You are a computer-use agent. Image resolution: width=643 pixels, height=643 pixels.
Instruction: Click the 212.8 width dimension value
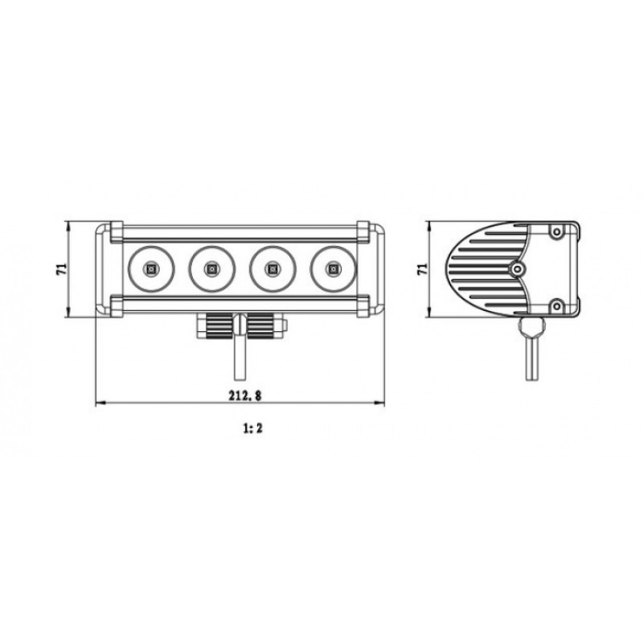pos(245,395)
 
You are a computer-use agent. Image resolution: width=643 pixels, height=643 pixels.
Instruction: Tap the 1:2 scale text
pos(252,428)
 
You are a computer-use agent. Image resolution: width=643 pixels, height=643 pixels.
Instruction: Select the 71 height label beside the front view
pos(61,269)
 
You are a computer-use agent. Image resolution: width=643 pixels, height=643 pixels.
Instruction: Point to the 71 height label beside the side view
pos(422,269)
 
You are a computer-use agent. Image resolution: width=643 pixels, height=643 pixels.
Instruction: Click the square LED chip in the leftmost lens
pos(151,269)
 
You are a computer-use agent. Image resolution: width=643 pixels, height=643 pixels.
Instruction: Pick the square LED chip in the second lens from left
pos(212,269)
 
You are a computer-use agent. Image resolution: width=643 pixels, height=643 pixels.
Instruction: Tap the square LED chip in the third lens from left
pos(272,269)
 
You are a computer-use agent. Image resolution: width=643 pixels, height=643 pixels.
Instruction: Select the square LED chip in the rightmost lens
pos(333,269)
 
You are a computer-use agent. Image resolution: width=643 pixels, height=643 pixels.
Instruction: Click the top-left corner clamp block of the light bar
pos(117,231)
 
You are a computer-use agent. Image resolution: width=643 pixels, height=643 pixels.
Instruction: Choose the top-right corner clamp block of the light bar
pos(363,231)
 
